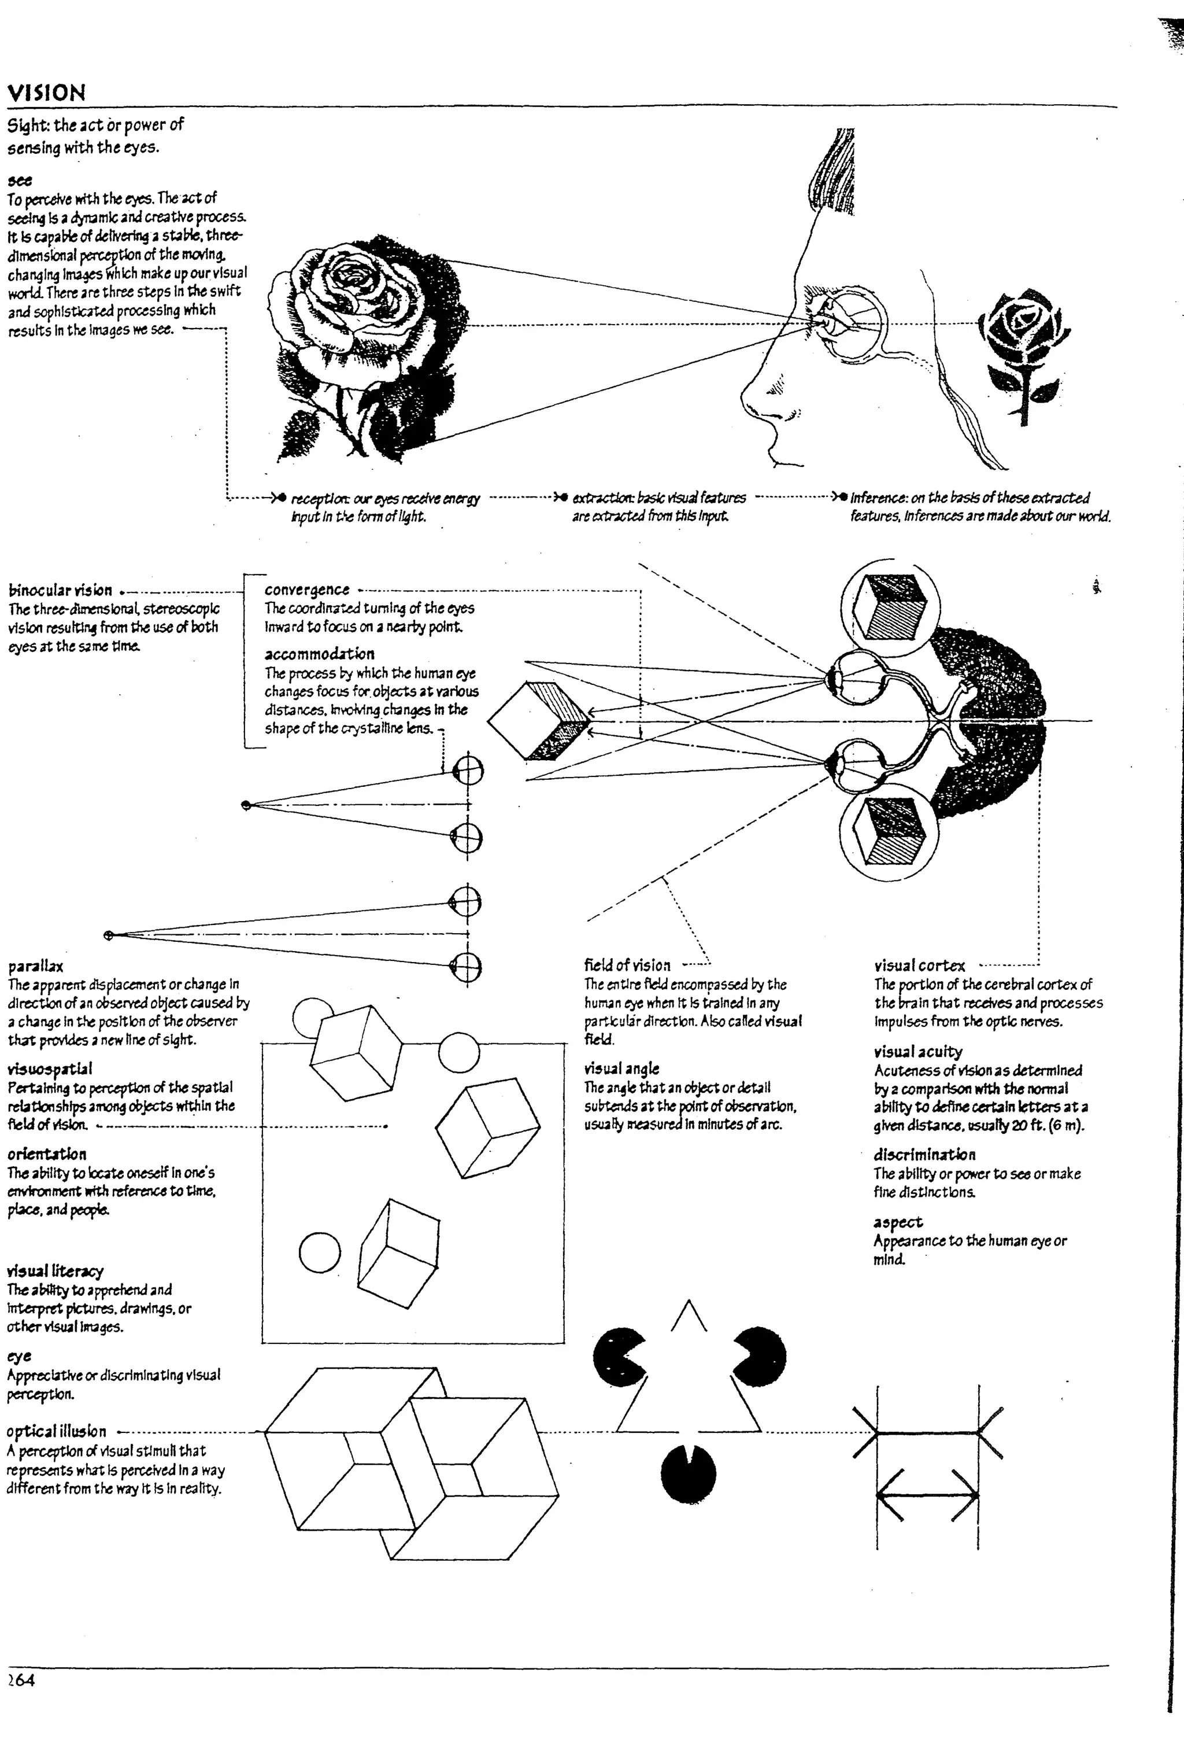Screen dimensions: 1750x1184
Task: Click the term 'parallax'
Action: click(35, 966)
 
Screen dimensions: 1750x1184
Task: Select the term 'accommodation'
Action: click(319, 654)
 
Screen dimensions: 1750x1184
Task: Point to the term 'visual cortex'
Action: click(919, 966)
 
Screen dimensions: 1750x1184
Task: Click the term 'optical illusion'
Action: click(57, 1431)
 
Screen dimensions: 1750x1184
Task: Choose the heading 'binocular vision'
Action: click(60, 590)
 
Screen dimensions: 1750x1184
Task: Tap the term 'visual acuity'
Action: click(918, 1051)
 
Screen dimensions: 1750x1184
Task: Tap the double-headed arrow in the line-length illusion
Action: click(927, 1495)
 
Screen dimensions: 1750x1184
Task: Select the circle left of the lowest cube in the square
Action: click(320, 1253)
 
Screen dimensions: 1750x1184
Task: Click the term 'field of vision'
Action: click(627, 966)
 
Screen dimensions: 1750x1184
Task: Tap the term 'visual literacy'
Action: click(55, 1271)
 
